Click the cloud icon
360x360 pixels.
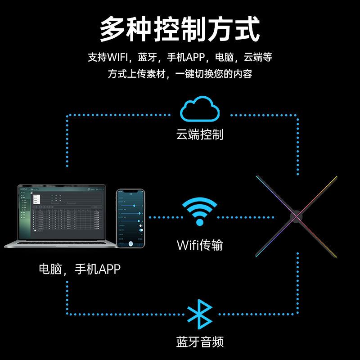tap(200, 110)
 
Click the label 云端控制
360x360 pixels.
tap(199, 135)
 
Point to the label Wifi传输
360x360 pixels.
tap(199, 245)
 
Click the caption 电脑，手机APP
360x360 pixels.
tap(80, 269)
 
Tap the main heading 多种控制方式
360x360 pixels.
tap(180, 29)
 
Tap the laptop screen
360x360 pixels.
tap(61, 211)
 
